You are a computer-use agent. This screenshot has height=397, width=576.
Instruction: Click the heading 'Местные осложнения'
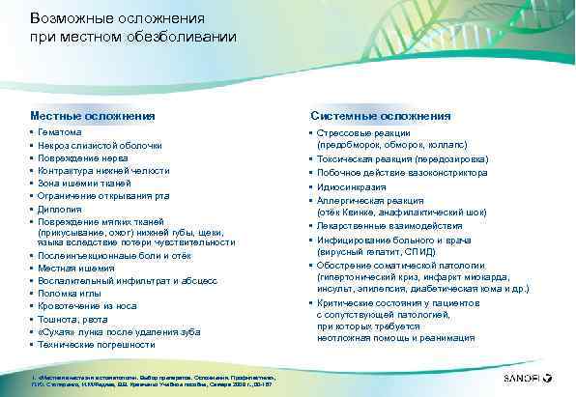(92, 116)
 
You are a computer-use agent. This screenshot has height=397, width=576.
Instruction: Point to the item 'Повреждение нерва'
(78, 157)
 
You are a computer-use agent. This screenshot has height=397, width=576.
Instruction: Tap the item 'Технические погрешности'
(90, 344)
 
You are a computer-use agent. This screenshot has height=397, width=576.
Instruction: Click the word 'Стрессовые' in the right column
(345, 132)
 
